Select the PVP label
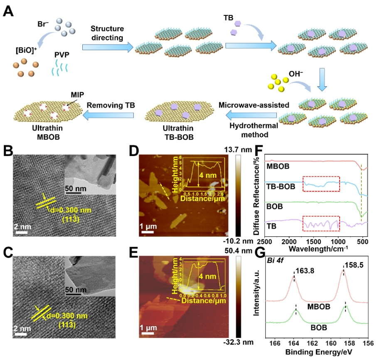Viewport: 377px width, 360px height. [x=62, y=54]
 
